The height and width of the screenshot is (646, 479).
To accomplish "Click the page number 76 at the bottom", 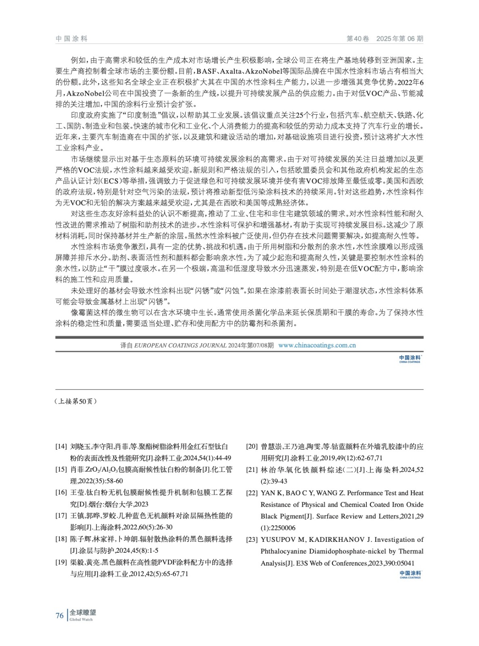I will (59, 615).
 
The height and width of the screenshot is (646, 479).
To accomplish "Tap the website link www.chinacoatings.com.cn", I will (317, 345).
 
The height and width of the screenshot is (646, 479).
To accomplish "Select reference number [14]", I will (61, 447).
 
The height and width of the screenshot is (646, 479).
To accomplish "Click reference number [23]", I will (252, 540).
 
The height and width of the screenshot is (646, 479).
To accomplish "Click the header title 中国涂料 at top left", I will (71, 39).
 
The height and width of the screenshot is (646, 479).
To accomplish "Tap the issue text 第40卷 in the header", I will (358, 39).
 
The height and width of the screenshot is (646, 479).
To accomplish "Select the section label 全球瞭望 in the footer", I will (83, 612).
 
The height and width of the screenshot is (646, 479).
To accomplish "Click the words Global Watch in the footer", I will (81, 620).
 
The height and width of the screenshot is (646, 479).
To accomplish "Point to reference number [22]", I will (252, 493).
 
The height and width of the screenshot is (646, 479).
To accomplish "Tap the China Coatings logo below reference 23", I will (410, 574).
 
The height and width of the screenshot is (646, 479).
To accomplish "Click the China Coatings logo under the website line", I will (410, 359).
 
